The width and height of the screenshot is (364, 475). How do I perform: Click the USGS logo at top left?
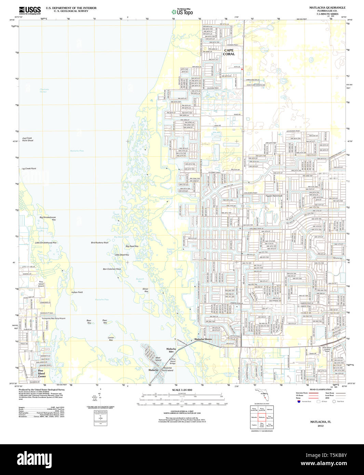(x=30, y=10)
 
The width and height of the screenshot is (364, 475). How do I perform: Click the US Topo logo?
(x=182, y=12)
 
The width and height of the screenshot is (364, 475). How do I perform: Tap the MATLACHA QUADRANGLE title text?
(x=327, y=8)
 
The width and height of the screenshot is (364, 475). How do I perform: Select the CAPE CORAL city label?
(x=229, y=52)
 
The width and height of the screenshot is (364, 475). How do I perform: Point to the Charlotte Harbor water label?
(x=44, y=91)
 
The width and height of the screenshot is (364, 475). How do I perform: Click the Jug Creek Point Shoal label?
(x=27, y=139)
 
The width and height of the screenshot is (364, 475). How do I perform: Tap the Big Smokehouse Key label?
(x=48, y=218)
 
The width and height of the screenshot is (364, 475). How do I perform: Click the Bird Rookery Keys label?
(x=99, y=243)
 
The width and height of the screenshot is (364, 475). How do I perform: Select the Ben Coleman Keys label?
(x=112, y=269)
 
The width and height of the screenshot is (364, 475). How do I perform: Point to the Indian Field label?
(x=77, y=292)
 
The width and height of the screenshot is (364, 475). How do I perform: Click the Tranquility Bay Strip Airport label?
(x=53, y=318)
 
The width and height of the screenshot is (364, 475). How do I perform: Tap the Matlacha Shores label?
(x=203, y=339)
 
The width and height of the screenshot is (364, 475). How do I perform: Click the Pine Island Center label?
(x=41, y=374)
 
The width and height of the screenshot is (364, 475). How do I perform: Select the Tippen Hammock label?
(x=274, y=196)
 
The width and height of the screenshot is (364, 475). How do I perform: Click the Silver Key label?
(x=146, y=290)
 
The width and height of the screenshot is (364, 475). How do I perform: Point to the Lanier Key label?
(x=111, y=339)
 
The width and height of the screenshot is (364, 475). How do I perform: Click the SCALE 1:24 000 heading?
(x=182, y=390)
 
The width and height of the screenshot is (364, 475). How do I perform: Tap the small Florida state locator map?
(x=264, y=397)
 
